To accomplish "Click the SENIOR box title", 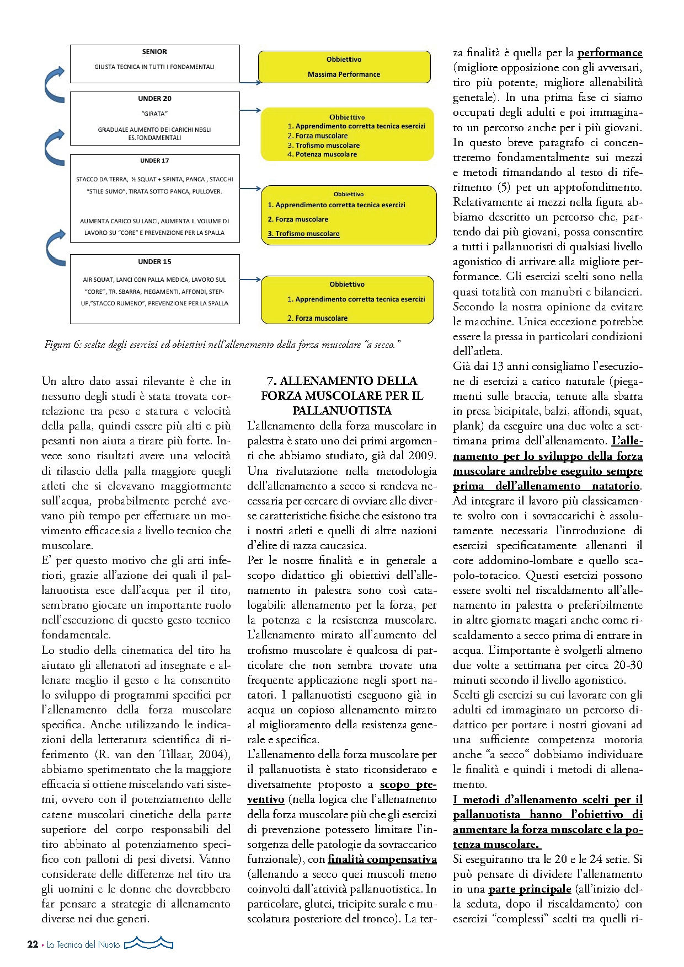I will [154, 52].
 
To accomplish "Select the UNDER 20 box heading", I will [154, 99].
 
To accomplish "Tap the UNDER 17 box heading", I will [154, 161].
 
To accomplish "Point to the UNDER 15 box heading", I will [154, 262].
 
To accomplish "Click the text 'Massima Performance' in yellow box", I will [344, 74].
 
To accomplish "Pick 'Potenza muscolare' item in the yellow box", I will [325, 154].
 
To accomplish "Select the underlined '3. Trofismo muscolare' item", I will [304, 234].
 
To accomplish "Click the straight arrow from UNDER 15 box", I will [250, 280].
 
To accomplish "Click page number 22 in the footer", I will [33, 944].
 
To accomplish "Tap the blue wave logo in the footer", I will [148, 943].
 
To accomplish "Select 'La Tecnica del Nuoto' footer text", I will [83, 944].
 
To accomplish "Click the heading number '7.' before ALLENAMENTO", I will [272, 381].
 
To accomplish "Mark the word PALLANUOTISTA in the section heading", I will [342, 411].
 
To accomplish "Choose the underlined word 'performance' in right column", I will [610, 53].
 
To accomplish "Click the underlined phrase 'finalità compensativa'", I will [382, 859].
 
